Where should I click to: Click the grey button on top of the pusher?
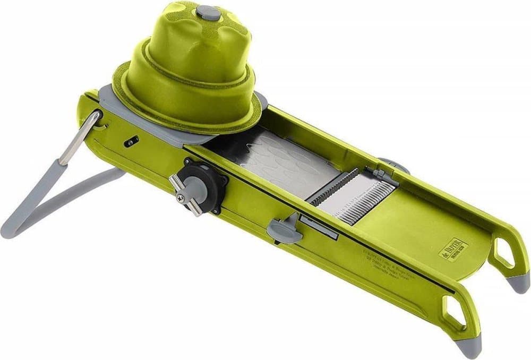[x=208, y=12]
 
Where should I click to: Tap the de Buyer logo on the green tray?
[x=452, y=249]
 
